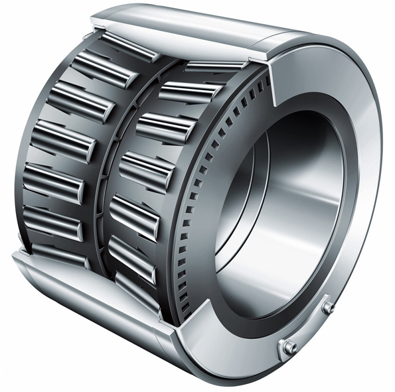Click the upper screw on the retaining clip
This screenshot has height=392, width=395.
pos(327,307)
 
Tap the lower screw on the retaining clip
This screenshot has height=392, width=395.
pos(289,347)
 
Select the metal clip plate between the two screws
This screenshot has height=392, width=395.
pos(309,328)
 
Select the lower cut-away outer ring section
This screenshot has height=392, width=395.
pos(100,292)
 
